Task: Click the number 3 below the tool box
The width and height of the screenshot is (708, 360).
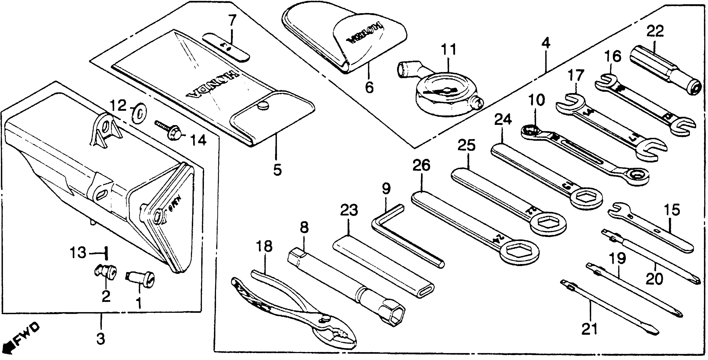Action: click(101, 339)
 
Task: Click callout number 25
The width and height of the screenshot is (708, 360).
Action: click(466, 145)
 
